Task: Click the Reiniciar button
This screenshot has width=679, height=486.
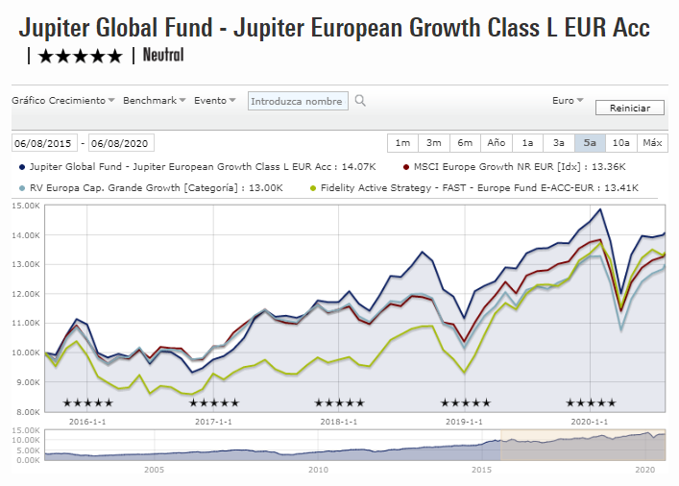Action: (x=629, y=109)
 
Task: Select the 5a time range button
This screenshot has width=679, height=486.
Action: (x=590, y=143)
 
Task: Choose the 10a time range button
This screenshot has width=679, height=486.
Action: (x=621, y=143)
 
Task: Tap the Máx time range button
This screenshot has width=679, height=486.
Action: (x=652, y=143)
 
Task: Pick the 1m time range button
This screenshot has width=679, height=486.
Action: (x=402, y=143)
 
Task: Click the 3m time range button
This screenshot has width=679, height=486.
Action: (x=434, y=143)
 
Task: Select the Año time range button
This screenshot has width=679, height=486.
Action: (x=497, y=143)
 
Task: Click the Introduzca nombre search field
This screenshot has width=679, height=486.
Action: (x=296, y=101)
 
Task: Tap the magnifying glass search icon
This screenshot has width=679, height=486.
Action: (x=360, y=100)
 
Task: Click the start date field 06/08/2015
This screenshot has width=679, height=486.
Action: (x=43, y=143)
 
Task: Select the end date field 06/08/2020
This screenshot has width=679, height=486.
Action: (x=120, y=143)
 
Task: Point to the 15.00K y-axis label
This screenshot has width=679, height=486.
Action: (x=25, y=206)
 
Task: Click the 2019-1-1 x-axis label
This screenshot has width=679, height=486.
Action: (x=464, y=421)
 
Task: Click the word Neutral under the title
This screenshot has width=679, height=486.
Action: (x=162, y=55)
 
